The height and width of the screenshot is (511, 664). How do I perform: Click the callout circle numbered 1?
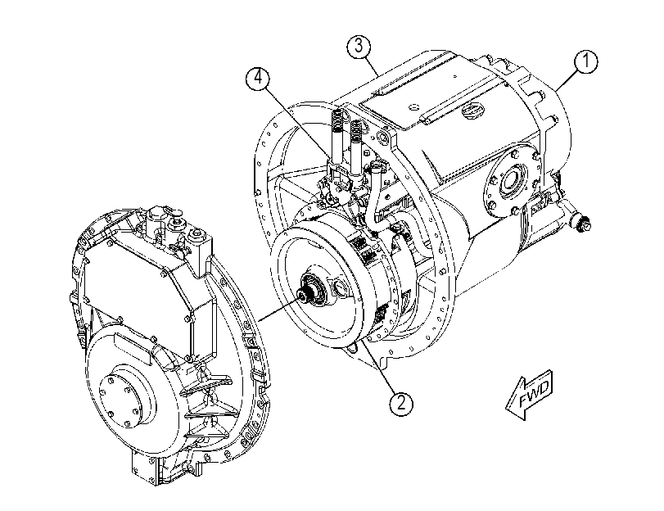586,61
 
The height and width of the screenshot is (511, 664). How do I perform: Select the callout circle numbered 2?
401,403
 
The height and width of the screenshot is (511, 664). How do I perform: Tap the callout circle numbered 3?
359,46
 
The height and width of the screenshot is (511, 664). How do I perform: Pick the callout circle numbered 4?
257,79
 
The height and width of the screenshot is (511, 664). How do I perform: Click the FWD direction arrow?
530,394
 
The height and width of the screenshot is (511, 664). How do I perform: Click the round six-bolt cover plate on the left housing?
120,397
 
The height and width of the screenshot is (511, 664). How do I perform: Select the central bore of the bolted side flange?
510,182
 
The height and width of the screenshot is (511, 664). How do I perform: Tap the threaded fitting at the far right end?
583,224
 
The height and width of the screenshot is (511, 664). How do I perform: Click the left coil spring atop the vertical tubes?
337,120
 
